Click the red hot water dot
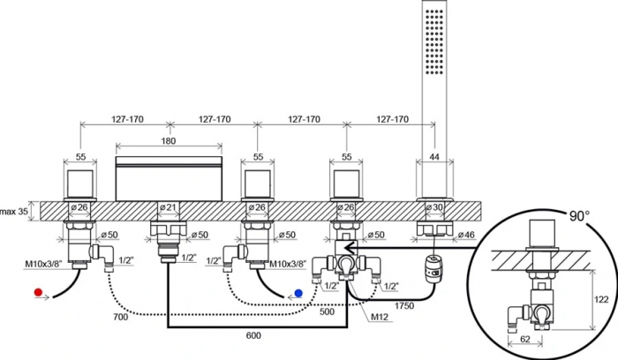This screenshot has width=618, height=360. [x=38, y=292]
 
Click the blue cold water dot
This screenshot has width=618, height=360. [x=298, y=294]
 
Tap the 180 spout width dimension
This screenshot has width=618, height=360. [x=169, y=140]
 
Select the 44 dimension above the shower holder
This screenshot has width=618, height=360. [x=434, y=157]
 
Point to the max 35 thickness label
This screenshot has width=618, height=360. [x=14, y=211]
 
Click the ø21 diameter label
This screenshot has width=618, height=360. [x=169, y=207]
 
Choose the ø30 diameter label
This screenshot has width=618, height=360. [x=434, y=207]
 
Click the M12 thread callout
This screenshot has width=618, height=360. [x=380, y=316]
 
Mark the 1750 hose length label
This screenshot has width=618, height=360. [x=403, y=305]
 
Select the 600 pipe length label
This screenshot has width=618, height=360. [x=253, y=335]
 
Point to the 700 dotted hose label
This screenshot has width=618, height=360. [x=120, y=316]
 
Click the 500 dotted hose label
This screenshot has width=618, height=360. [x=327, y=311]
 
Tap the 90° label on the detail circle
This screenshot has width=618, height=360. [x=580, y=216]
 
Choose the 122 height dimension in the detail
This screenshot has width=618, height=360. [x=601, y=299]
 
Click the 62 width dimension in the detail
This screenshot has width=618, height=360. [x=525, y=339]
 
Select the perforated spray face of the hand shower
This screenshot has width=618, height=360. [x=434, y=41]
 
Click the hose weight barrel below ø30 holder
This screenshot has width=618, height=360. [x=434, y=267]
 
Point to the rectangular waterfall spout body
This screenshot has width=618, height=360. [x=169, y=179]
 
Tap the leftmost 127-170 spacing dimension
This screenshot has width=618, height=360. [x=127, y=119]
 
